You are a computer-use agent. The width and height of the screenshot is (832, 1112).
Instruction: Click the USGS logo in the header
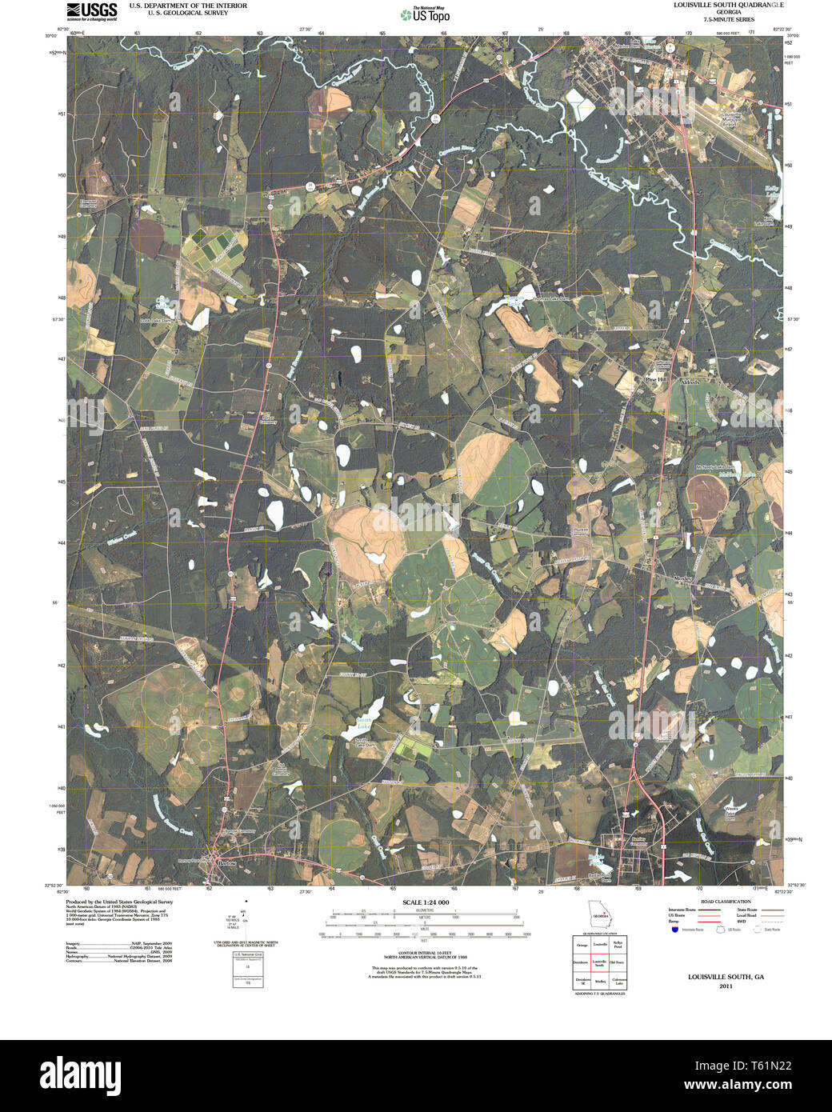pos(91,11)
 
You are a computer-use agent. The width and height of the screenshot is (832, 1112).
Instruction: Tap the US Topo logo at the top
pos(425,14)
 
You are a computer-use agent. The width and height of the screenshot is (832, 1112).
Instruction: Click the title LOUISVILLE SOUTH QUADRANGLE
pos(728,6)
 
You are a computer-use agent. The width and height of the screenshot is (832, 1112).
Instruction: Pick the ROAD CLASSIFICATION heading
pos(725,902)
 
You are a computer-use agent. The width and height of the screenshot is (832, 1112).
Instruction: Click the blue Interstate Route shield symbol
pos(674,930)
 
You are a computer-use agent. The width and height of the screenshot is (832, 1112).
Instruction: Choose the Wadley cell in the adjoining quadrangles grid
pos(599,980)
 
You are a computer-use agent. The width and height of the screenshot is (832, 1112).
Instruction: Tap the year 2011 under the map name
pos(726,986)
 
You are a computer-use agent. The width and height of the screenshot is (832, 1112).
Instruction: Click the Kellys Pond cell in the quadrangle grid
pos(617,945)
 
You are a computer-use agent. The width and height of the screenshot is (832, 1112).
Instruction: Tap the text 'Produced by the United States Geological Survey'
pos(119,902)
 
